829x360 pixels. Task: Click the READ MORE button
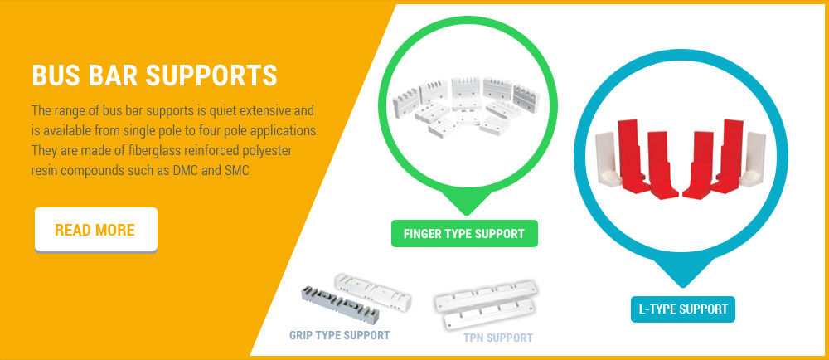(96, 230)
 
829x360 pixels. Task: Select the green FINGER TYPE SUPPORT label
(464, 234)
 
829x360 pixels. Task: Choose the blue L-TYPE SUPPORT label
(683, 309)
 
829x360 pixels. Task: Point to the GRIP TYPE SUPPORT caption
(339, 335)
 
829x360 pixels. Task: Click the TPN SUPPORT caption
(498, 338)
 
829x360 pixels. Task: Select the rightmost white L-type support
(753, 158)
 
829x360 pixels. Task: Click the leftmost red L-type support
(633, 155)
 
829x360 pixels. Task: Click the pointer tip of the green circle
(466, 215)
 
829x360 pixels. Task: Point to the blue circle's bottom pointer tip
(683, 286)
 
